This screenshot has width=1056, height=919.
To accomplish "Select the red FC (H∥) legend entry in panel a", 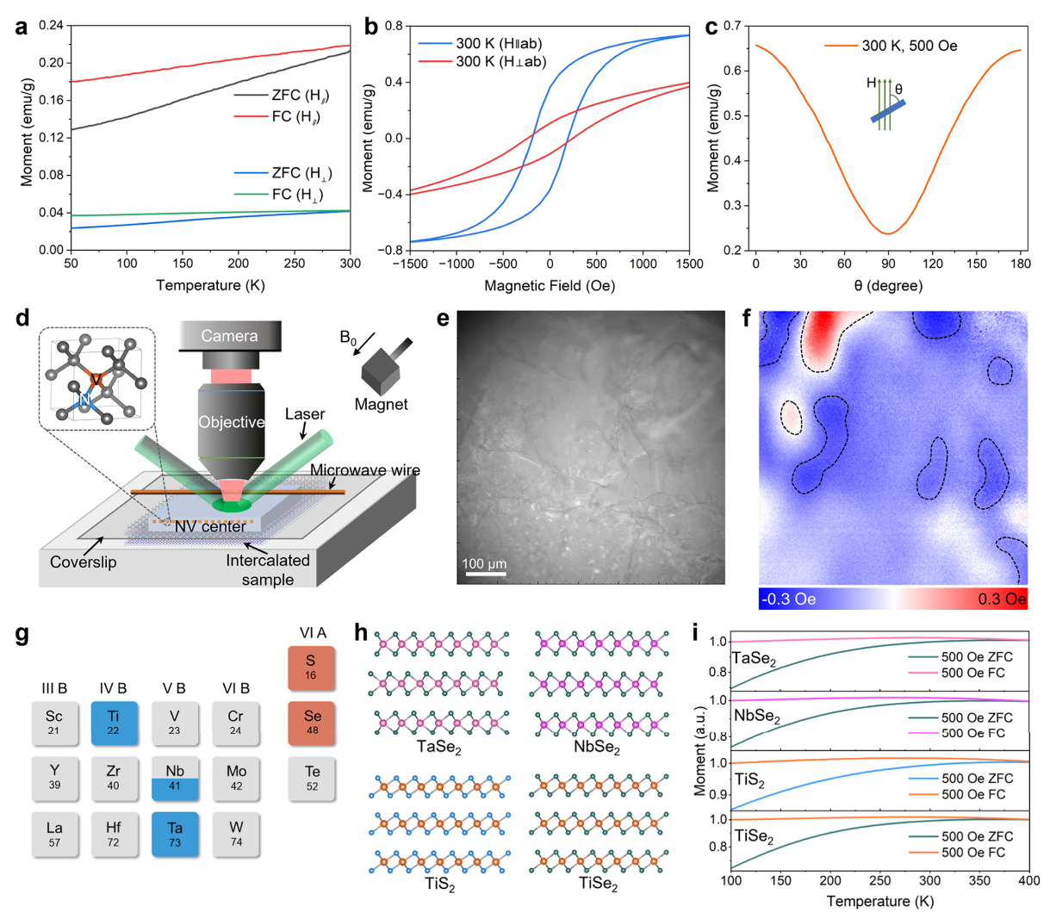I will tap(293, 116).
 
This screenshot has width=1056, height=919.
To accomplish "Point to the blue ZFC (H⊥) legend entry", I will tap(296, 173).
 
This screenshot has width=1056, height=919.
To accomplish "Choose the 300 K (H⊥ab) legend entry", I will tap(500, 61).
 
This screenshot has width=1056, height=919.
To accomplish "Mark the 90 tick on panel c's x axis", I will tap(888, 264).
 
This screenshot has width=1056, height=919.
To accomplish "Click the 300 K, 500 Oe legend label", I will tap(910, 46).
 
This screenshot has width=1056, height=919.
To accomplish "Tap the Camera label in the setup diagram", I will tap(229, 336).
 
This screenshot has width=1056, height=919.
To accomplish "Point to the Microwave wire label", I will tap(365, 470).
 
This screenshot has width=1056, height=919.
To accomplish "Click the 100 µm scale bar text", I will tap(484, 564).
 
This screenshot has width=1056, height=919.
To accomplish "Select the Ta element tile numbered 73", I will tap(175, 834).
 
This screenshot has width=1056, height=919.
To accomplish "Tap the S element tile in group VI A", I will tap(311, 668).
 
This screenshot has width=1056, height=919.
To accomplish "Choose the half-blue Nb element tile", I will tap(175, 778).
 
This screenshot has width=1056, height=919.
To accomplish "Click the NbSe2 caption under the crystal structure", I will tap(598, 748).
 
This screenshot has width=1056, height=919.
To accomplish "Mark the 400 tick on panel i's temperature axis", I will tap(1028, 881).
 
